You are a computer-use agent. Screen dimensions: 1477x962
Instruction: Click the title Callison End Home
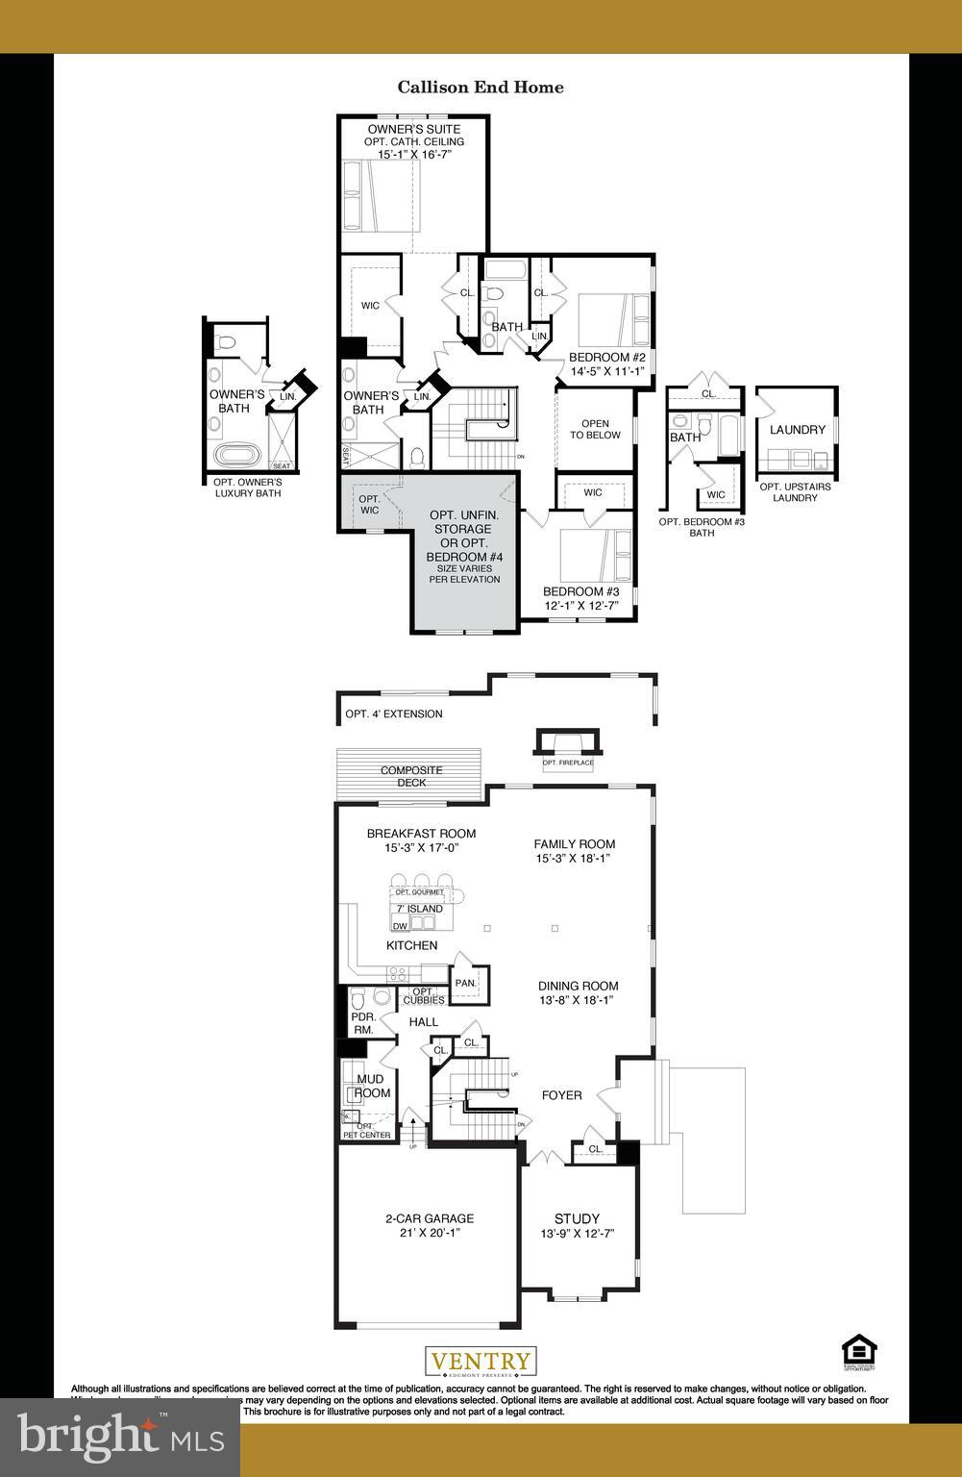481,88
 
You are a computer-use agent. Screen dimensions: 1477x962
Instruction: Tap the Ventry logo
481,1362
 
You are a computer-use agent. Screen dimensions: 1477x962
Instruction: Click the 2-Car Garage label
430,1218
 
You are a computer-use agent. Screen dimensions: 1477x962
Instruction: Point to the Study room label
577,1218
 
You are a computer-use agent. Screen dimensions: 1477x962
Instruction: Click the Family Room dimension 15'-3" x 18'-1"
575,859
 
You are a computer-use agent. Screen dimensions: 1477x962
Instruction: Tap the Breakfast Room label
421,834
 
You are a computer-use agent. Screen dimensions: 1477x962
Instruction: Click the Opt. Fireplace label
568,763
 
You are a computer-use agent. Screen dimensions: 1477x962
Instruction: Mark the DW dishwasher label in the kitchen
400,926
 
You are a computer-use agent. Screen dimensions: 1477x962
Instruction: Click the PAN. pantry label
466,983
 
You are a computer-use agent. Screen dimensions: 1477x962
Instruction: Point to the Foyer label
561,1095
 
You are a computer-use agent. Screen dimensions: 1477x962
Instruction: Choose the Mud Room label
371,1086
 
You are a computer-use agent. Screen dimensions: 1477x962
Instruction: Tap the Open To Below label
595,429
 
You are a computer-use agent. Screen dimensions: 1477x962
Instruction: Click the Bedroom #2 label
607,358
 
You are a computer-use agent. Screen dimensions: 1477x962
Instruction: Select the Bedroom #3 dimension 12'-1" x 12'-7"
580,606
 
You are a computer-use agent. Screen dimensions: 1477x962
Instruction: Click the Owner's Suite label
413,129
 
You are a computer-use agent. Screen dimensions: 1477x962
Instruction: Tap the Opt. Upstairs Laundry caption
796,492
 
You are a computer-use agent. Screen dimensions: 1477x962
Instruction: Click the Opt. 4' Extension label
394,714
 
